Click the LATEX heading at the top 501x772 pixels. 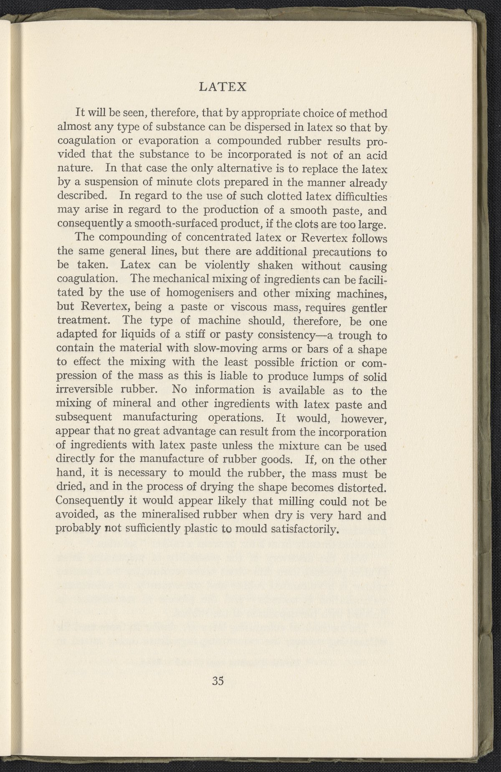coord(224,87)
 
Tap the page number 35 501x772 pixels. coord(218,681)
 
